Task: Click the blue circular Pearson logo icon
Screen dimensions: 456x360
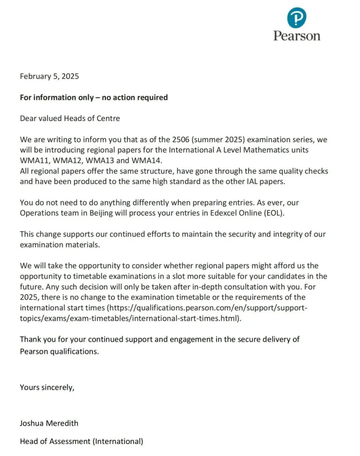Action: (x=296, y=18)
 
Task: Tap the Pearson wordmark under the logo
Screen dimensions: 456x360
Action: (x=297, y=36)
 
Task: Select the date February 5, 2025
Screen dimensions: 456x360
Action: (x=49, y=76)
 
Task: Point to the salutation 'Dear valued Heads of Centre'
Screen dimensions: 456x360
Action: (x=70, y=118)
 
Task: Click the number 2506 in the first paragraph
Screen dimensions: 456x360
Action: (x=181, y=139)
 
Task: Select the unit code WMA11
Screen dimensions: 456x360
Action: (x=34, y=160)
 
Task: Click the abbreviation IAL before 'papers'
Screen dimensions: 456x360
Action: (x=253, y=181)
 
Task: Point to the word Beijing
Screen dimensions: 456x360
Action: (x=101, y=213)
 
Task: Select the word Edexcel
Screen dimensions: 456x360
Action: (x=223, y=213)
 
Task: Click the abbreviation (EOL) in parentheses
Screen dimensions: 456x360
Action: (x=274, y=213)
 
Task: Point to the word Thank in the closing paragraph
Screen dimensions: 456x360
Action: (x=30, y=339)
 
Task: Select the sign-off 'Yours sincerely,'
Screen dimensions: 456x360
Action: (x=47, y=387)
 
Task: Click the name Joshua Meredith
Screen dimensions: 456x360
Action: (x=49, y=423)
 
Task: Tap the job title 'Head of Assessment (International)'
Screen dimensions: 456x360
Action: (x=81, y=441)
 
